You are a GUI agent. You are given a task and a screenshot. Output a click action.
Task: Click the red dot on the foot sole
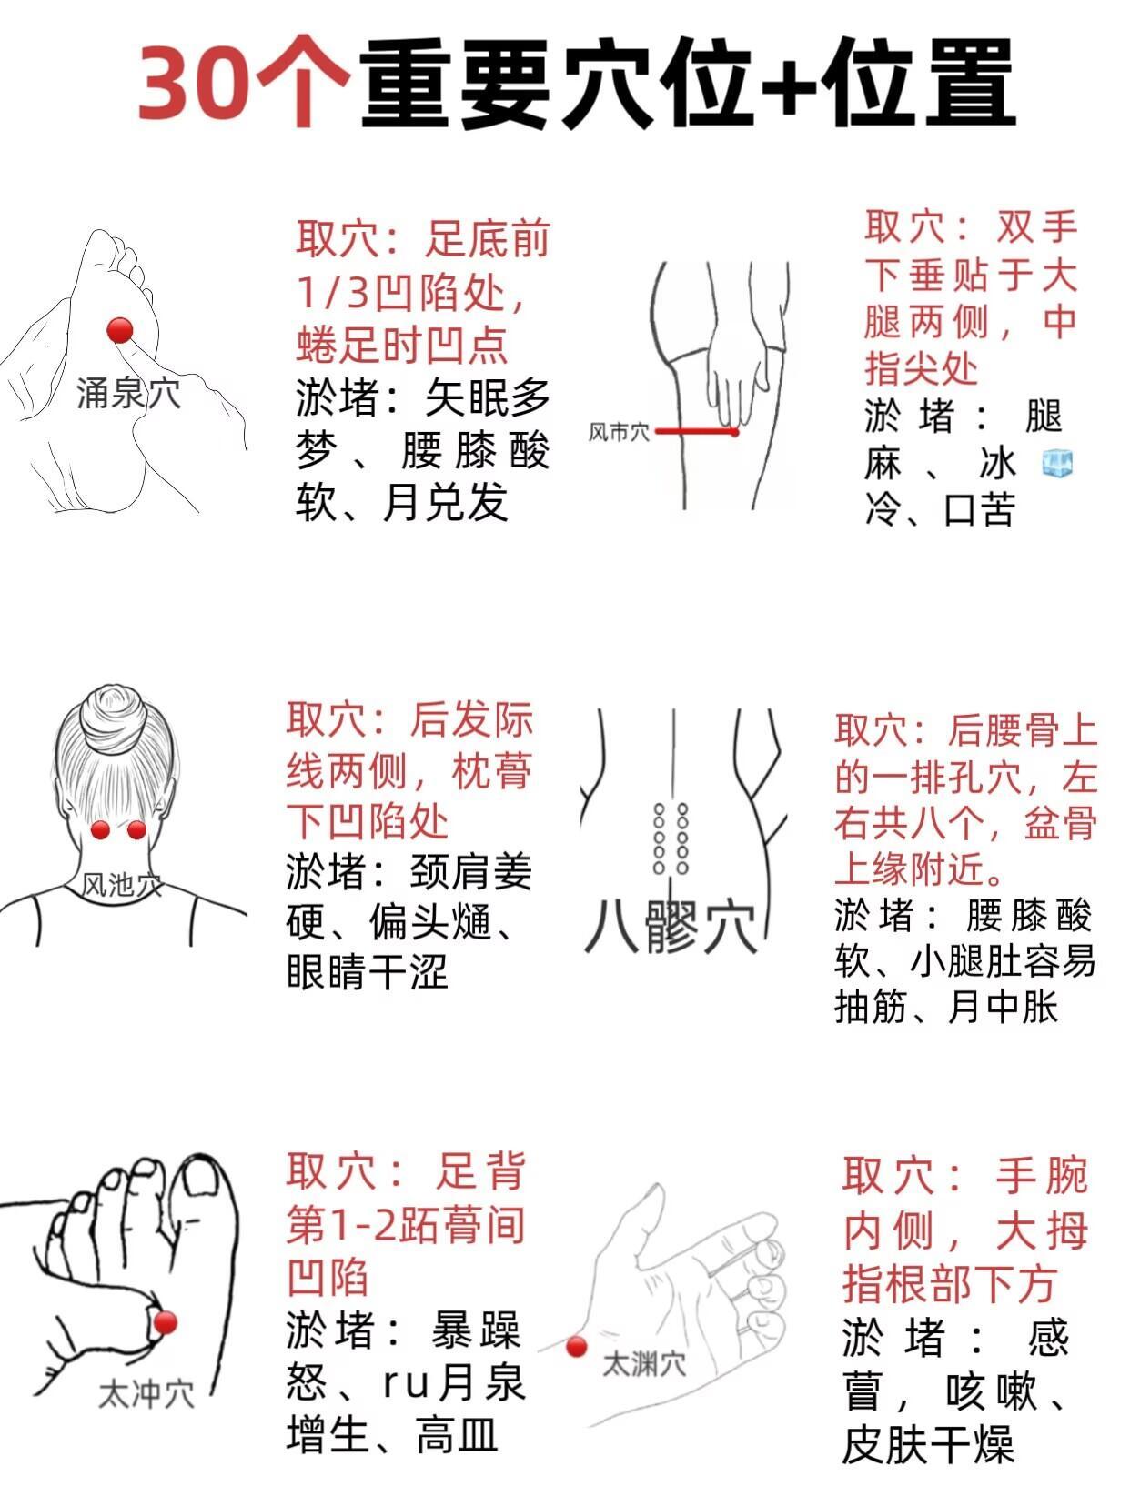[120, 330]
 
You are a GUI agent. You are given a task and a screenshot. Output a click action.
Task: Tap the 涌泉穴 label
[128, 394]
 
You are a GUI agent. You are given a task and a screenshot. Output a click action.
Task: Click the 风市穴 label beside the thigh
[618, 432]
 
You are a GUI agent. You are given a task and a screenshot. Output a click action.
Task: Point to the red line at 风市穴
[696, 432]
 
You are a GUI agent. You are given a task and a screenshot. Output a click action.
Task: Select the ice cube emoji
[1057, 465]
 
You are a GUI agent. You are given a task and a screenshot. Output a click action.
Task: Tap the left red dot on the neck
[100, 830]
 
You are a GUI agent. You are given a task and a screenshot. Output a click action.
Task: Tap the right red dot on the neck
[136, 830]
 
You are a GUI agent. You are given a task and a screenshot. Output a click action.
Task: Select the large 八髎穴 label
[671, 927]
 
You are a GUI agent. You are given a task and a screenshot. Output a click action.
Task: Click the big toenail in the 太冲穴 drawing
[202, 1189]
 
